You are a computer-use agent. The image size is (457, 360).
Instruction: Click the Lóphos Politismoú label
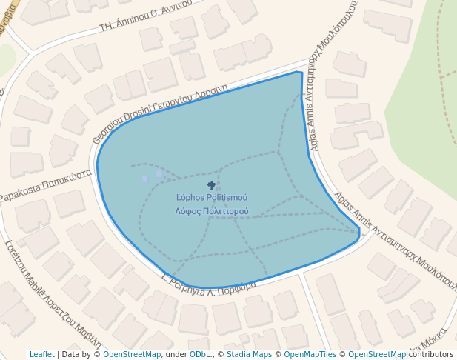pos(211,198)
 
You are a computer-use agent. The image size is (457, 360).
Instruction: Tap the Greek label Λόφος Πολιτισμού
pos(211,211)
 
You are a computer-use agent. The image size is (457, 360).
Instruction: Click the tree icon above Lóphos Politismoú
pos(211,185)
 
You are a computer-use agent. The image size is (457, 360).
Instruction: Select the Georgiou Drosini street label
pos(119,122)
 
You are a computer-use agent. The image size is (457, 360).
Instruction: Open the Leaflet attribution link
pos(41,354)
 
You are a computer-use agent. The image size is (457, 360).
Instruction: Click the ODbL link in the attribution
pos(200,354)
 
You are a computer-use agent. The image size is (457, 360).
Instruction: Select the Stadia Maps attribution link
pos(250,354)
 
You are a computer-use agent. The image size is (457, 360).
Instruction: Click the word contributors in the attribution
pos(431,354)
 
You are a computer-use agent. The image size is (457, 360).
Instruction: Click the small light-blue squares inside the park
pos(151,176)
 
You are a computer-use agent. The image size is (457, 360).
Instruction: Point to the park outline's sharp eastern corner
pos(359,233)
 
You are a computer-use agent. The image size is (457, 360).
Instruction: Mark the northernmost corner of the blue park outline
pos(298,72)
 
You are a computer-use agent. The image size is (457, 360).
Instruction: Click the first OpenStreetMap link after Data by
pos(131,354)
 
